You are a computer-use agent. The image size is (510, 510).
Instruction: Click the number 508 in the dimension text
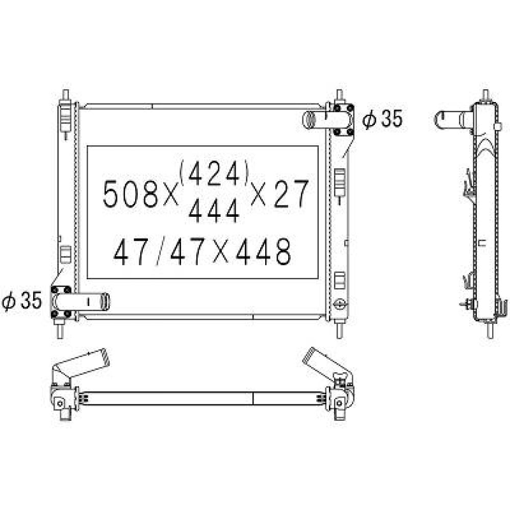tap(130, 194)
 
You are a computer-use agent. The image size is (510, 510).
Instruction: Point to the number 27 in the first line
tap(291, 194)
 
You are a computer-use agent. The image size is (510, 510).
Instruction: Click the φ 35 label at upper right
tap(382, 119)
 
